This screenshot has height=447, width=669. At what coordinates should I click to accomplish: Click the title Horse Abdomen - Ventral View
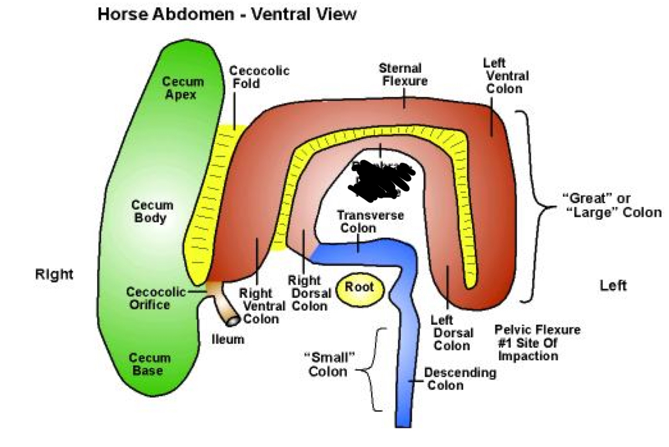[x=226, y=15]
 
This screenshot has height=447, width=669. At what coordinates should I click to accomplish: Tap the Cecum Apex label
[x=183, y=88]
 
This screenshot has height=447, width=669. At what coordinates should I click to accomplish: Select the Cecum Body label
[x=152, y=212]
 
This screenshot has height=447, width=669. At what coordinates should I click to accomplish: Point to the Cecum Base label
[x=150, y=364]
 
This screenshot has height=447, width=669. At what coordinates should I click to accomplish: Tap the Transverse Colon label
[x=370, y=221]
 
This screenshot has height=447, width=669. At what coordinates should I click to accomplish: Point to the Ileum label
[x=228, y=339]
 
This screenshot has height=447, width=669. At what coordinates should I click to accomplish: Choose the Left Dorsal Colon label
[x=452, y=332]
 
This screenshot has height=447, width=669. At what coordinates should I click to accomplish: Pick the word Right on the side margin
[x=54, y=275]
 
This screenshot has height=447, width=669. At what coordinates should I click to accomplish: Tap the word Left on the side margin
[x=612, y=285]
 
